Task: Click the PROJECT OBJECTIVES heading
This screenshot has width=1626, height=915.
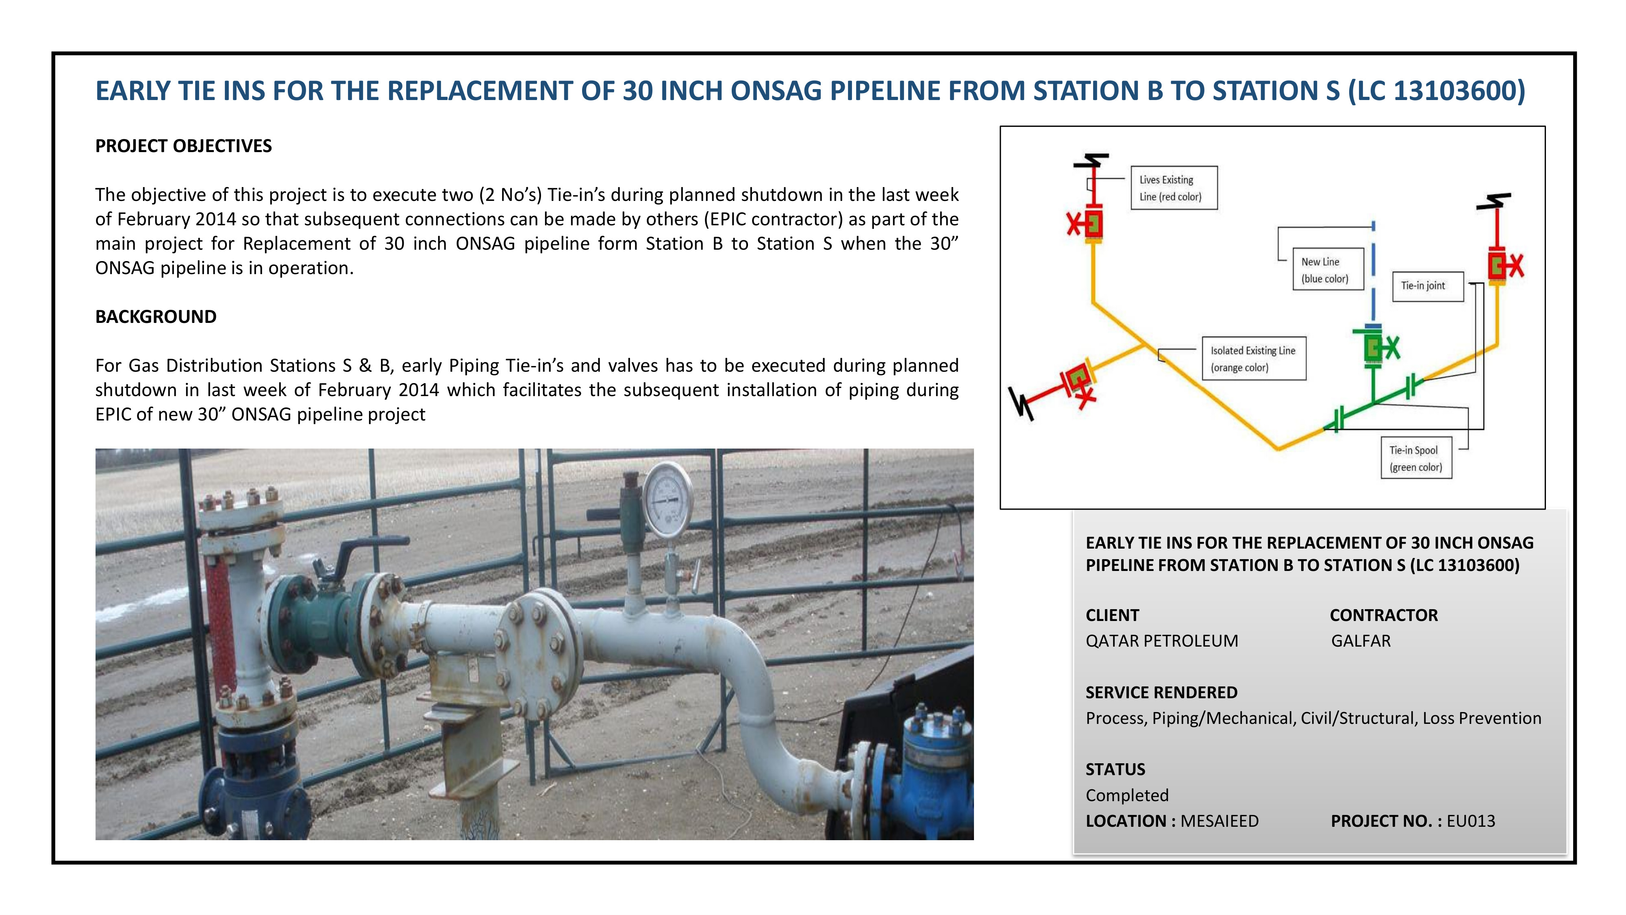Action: [x=183, y=146]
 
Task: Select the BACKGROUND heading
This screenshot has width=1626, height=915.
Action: [x=156, y=316]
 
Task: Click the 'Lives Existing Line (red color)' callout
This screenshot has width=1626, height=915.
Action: [x=1174, y=187]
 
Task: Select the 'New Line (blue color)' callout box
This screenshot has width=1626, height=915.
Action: [x=1328, y=270]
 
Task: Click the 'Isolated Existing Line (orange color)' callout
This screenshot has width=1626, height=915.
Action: [x=1254, y=359]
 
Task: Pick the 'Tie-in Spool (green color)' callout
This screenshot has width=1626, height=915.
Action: [x=1416, y=458]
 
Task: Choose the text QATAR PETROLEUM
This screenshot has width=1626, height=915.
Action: [x=1161, y=641]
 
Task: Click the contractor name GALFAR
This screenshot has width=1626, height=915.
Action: [x=1361, y=641]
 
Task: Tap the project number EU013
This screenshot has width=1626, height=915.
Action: [x=1471, y=821]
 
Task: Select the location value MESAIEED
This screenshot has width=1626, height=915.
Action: [x=1219, y=821]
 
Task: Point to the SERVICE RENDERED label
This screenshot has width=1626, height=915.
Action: [x=1161, y=693]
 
